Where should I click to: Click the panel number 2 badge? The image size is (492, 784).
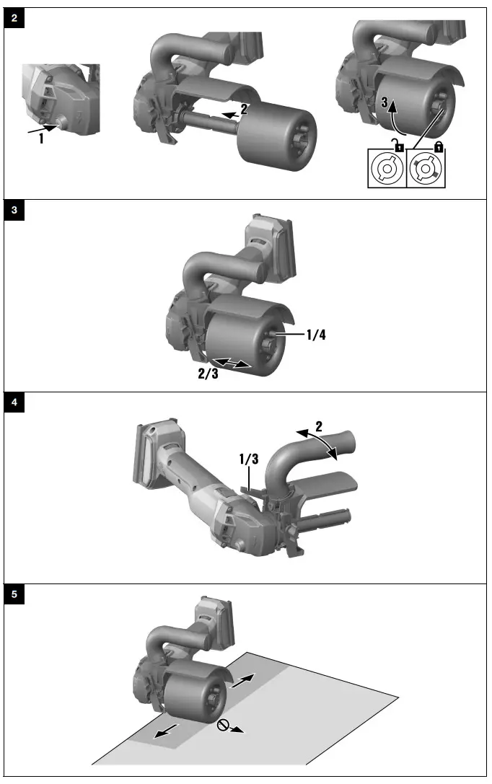(15, 19)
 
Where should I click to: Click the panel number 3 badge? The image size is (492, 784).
(15, 211)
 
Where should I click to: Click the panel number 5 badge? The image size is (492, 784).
(15, 596)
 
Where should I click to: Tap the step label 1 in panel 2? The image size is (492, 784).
(41, 139)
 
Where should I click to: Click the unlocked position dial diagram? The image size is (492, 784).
(387, 169)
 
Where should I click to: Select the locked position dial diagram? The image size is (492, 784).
(426, 169)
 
